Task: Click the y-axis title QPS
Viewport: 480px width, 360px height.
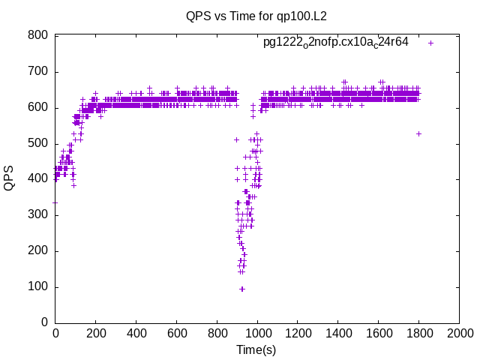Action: click(x=10, y=178)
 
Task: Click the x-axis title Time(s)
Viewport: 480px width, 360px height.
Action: click(x=257, y=349)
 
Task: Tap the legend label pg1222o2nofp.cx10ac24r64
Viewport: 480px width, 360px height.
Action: click(x=335, y=42)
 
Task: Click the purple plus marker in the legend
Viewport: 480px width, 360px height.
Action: click(x=430, y=43)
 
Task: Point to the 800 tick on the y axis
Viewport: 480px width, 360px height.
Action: click(x=38, y=36)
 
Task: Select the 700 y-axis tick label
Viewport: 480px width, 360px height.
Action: click(x=38, y=72)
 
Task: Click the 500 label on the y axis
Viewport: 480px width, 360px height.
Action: click(x=38, y=143)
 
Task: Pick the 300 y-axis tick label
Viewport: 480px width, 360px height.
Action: click(x=38, y=215)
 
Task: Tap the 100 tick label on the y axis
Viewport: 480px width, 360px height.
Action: click(x=38, y=286)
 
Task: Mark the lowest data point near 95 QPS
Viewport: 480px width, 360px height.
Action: click(x=241, y=289)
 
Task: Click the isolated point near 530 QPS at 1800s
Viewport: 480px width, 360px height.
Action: click(x=418, y=133)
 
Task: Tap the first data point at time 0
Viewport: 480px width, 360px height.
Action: click(x=55, y=202)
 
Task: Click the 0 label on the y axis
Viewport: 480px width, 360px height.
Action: click(x=45, y=322)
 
